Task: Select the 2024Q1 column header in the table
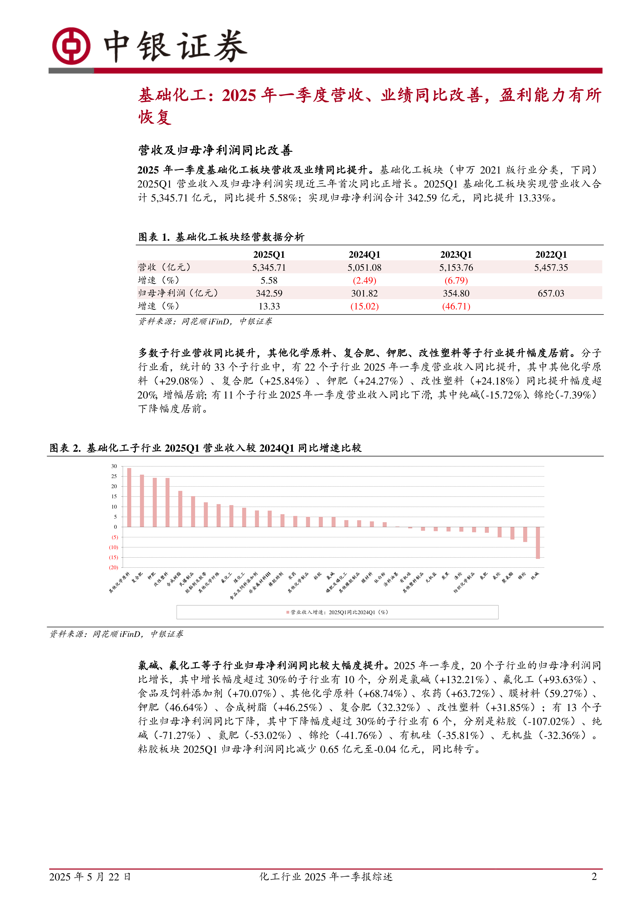[x=364, y=254]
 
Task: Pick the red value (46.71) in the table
[x=456, y=306]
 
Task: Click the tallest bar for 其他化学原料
[x=129, y=497]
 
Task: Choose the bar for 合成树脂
[x=180, y=509]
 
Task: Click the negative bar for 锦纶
[x=525, y=534]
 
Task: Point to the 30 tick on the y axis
[x=114, y=466]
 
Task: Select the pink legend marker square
[x=288, y=612]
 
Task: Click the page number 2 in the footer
[x=594, y=876]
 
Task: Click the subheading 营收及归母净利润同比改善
[x=215, y=150]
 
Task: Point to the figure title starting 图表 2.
[x=205, y=448]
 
